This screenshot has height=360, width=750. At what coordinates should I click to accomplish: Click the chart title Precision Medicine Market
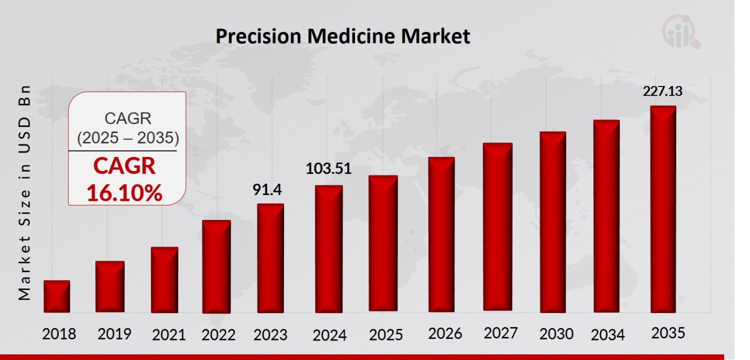pyautogui.click(x=342, y=36)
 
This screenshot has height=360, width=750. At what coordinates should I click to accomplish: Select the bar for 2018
pyautogui.click(x=56, y=296)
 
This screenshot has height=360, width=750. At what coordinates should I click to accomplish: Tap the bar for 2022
pyautogui.click(x=216, y=266)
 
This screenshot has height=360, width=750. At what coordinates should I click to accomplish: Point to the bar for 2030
pyautogui.click(x=552, y=222)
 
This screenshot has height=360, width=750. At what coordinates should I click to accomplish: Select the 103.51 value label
pyautogui.click(x=328, y=169)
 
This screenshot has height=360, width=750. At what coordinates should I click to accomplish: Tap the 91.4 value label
pyautogui.click(x=268, y=190)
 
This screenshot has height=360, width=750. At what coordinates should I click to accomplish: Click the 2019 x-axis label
pyautogui.click(x=114, y=334)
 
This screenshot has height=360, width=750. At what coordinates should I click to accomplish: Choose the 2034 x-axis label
pyautogui.click(x=607, y=334)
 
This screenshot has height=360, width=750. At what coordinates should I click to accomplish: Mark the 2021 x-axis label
pyautogui.click(x=168, y=334)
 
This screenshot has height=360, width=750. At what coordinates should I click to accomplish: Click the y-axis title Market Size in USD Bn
pyautogui.click(x=24, y=192)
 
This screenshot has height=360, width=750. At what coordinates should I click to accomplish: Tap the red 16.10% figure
pyautogui.click(x=124, y=192)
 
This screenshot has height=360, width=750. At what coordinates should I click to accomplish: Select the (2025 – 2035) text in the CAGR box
pyautogui.click(x=127, y=138)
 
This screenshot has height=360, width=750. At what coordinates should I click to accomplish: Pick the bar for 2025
pyautogui.click(x=383, y=243)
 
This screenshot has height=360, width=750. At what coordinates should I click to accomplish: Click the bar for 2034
pyautogui.click(x=606, y=216)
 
